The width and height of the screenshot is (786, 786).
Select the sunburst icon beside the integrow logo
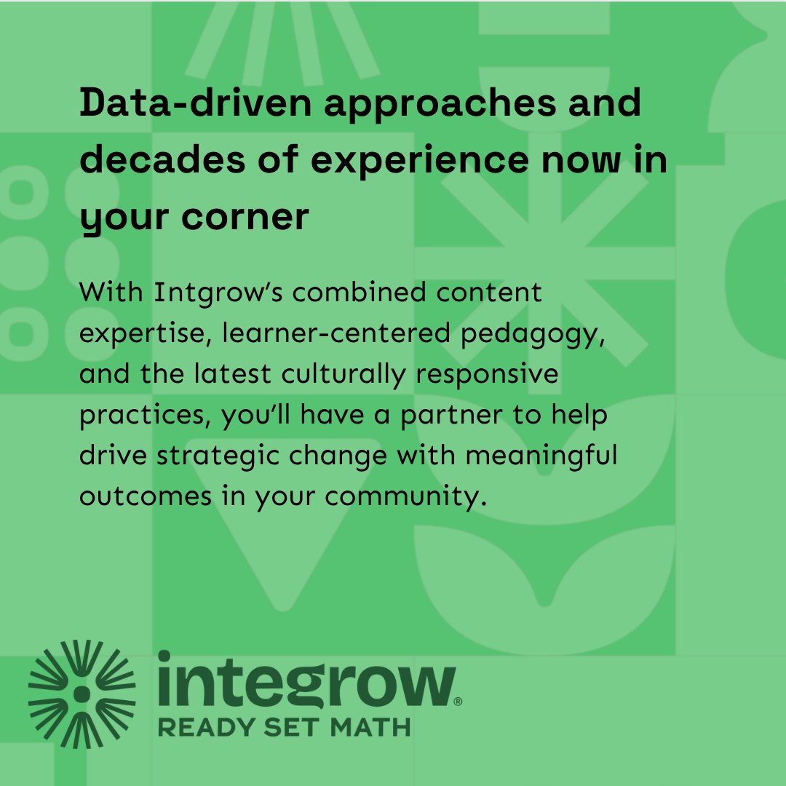pos(82,694)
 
